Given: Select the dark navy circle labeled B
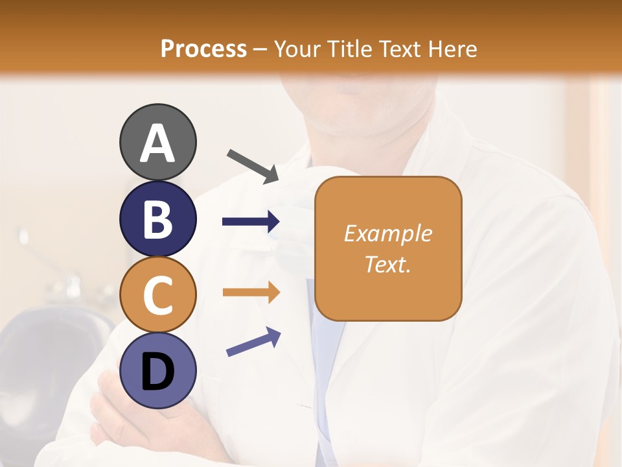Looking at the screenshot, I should (x=158, y=219).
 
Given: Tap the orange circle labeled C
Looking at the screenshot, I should (x=158, y=294).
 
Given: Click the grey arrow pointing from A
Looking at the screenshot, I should (x=253, y=165).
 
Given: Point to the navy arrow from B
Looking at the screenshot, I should (x=251, y=222).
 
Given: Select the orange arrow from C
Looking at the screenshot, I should (x=251, y=293).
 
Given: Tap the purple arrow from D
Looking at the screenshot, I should (x=253, y=342).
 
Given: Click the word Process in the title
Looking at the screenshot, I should (x=203, y=49).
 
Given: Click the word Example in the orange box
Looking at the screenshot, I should (x=388, y=233).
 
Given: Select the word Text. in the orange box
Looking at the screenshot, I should (x=388, y=264).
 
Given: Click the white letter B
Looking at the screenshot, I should (x=158, y=219).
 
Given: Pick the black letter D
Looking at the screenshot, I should (x=158, y=372).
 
